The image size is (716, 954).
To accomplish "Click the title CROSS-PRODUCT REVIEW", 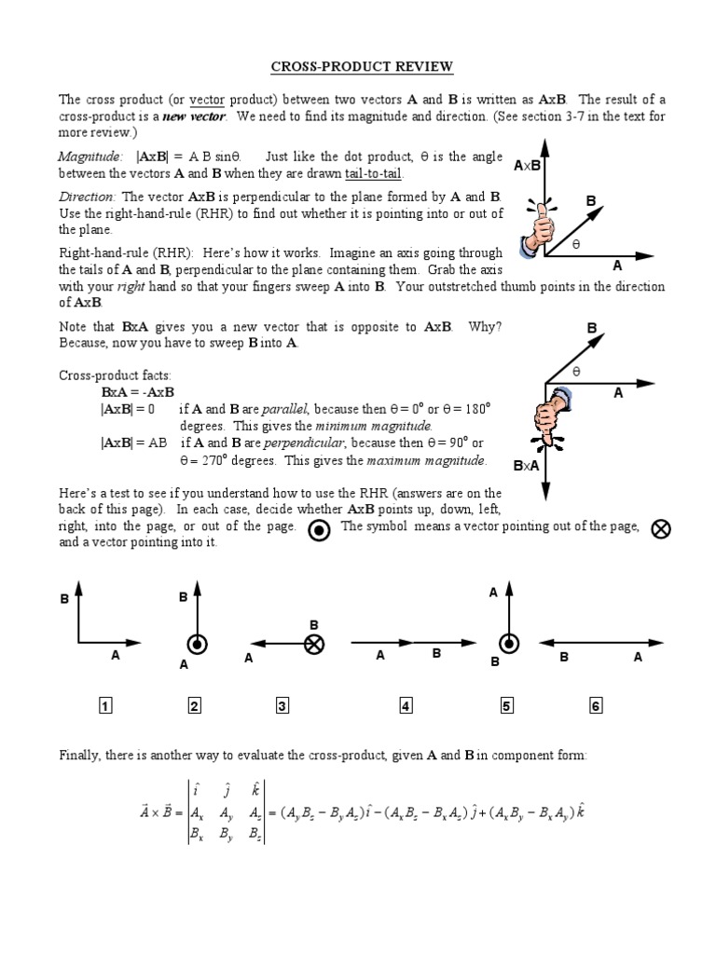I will coord(363,67).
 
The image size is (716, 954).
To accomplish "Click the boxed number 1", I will coord(105,706).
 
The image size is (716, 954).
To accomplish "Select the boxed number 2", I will coord(195,706).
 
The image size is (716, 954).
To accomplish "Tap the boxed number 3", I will coord(282,706).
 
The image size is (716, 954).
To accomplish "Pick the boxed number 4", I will coord(406,706).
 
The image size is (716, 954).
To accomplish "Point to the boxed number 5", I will coord(507,706).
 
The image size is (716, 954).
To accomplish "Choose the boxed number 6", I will coord(596,706).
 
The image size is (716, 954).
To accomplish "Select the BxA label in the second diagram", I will coord(527,465).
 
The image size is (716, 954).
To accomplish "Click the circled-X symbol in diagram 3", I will coord(315,643).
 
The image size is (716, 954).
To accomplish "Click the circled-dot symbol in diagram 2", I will coord(198,643).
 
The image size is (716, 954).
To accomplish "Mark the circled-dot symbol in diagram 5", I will coord(508,643).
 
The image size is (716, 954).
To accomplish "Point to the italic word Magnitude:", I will coord(89,157).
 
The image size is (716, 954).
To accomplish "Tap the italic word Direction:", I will coord(88,197).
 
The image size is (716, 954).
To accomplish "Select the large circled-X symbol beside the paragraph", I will coord(661,529).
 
